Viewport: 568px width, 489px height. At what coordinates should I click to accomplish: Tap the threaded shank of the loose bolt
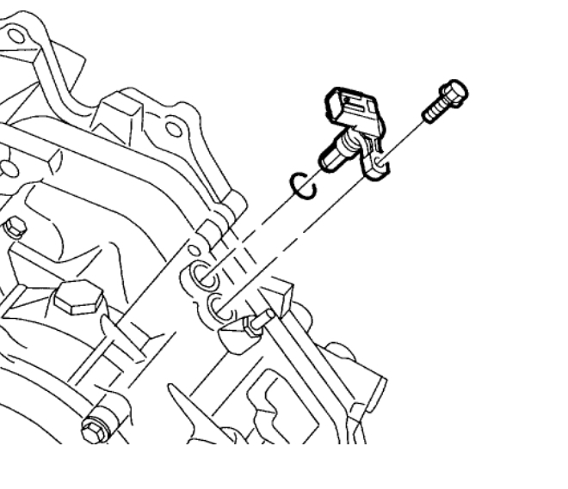click(435, 109)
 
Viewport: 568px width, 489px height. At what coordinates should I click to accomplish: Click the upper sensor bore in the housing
click(203, 276)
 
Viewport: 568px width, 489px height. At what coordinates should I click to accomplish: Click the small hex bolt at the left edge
click(12, 229)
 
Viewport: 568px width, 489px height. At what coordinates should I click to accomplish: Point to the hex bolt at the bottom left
click(91, 426)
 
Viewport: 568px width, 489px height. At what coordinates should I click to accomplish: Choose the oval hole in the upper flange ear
click(173, 129)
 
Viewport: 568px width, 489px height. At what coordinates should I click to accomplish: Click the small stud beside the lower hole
click(257, 322)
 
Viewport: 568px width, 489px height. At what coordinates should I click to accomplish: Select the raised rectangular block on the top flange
click(120, 112)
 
